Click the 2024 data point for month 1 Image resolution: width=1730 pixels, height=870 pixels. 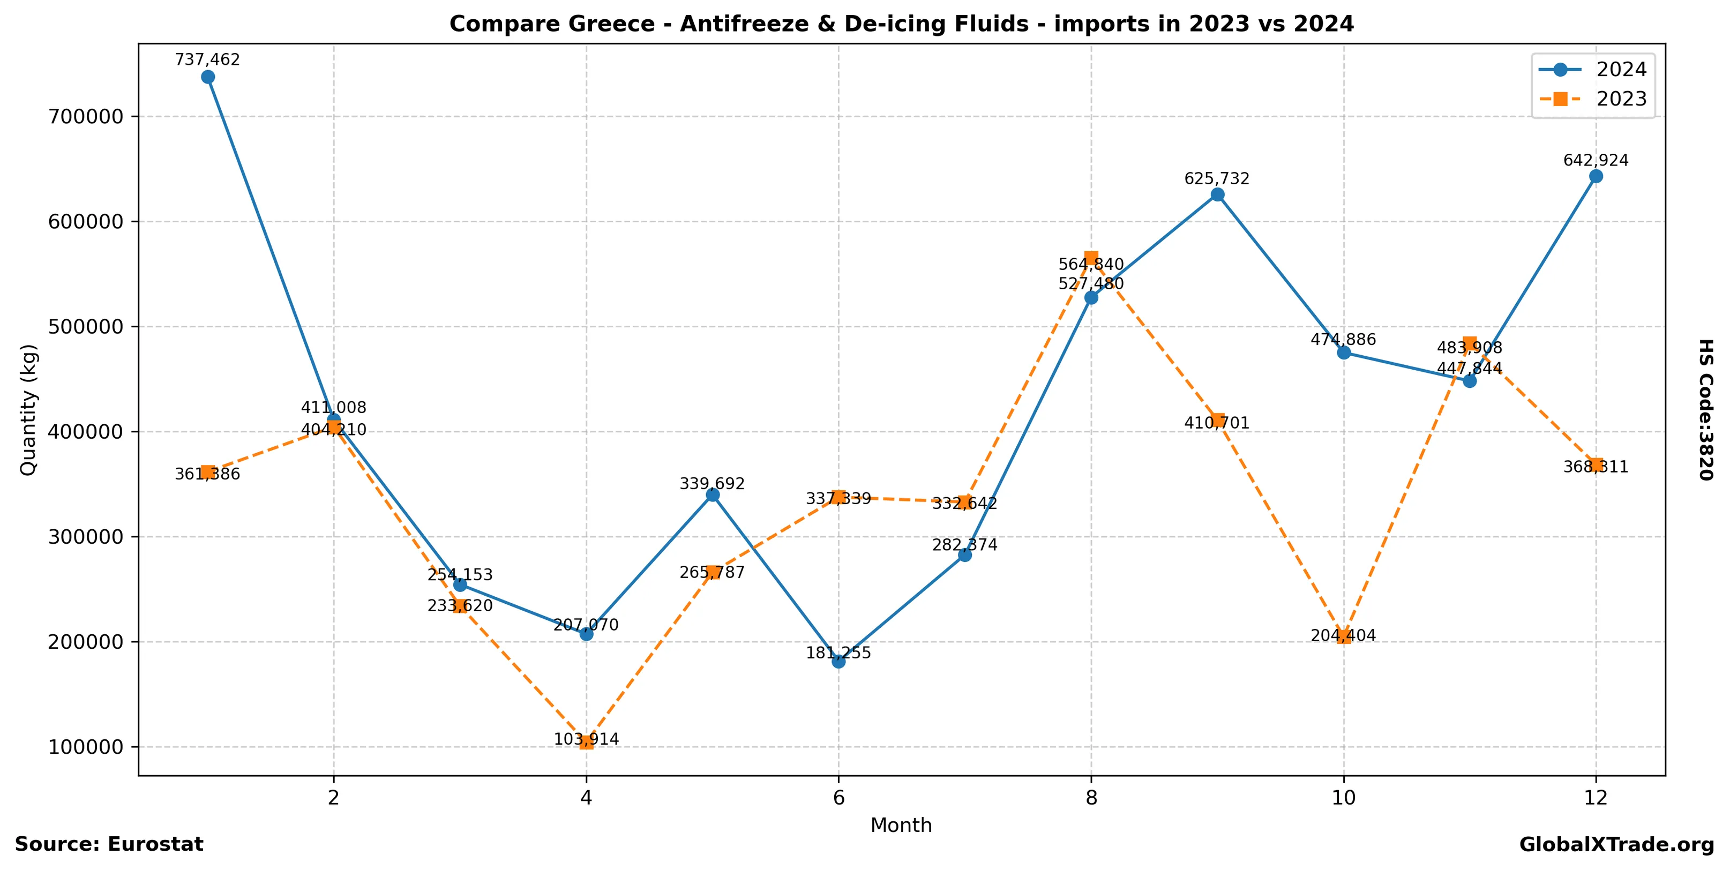[207, 77]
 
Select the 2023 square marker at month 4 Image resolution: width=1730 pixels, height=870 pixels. [586, 742]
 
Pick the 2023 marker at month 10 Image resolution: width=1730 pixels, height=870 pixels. [1343, 637]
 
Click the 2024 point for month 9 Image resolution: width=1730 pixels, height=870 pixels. [1217, 194]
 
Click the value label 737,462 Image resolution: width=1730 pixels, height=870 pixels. [207, 60]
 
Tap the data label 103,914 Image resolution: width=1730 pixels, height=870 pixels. [586, 739]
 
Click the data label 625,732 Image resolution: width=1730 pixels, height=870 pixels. [1217, 178]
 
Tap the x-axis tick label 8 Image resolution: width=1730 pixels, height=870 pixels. [1091, 798]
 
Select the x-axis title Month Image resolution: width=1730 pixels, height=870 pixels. [901, 825]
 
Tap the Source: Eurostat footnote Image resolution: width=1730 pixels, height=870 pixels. [109, 844]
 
